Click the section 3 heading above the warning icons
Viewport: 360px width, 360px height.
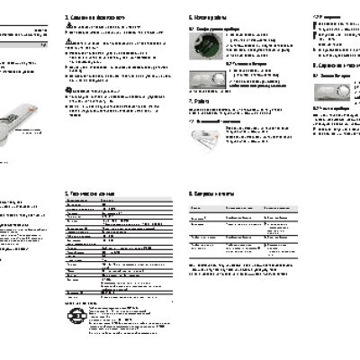[91, 17]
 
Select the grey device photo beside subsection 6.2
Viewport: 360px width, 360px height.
[206, 80]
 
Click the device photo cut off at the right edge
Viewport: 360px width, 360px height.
[352, 90]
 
